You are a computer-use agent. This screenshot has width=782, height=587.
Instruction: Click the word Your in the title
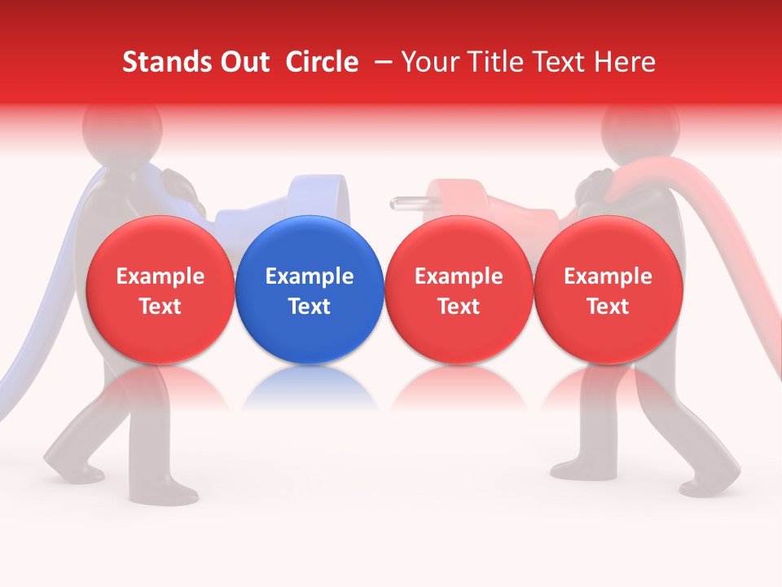pyautogui.click(x=428, y=62)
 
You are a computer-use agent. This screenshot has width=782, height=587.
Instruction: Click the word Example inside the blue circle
pyautogui.click(x=310, y=276)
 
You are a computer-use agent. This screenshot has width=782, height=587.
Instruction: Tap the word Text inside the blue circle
pyautogui.click(x=310, y=307)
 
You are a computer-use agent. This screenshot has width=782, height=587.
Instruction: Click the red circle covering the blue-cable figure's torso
pyautogui.click(x=160, y=290)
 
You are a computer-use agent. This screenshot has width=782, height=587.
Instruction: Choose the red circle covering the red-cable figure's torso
pyautogui.click(x=608, y=290)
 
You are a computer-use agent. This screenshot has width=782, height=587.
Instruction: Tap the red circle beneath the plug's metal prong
pyautogui.click(x=459, y=290)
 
